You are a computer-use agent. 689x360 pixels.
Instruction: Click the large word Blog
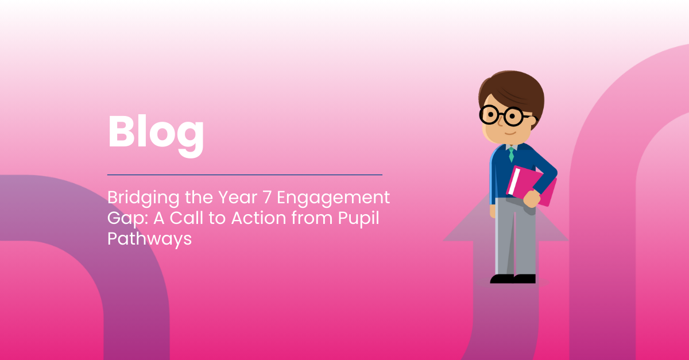pos(156,136)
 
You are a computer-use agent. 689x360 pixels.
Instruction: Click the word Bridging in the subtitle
pos(144,198)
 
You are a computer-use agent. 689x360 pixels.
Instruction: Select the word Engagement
pos(334,199)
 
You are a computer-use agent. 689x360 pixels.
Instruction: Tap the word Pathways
pos(149,239)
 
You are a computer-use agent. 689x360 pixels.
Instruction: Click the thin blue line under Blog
pos(245,175)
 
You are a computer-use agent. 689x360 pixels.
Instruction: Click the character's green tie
pos(511,154)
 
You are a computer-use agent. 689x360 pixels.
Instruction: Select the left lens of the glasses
pos(490,115)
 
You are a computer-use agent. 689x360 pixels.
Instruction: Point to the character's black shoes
pos(513,279)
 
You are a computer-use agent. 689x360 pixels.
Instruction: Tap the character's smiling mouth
pos(510,134)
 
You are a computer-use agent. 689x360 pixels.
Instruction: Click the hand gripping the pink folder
pos(532,199)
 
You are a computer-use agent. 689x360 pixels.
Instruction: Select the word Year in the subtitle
pos(238,198)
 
